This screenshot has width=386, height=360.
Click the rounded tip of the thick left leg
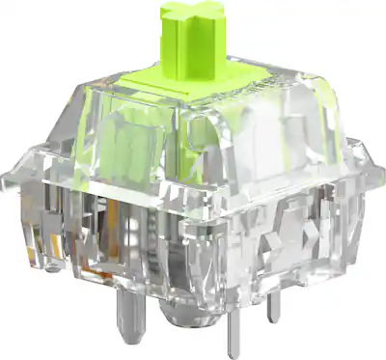127,328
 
